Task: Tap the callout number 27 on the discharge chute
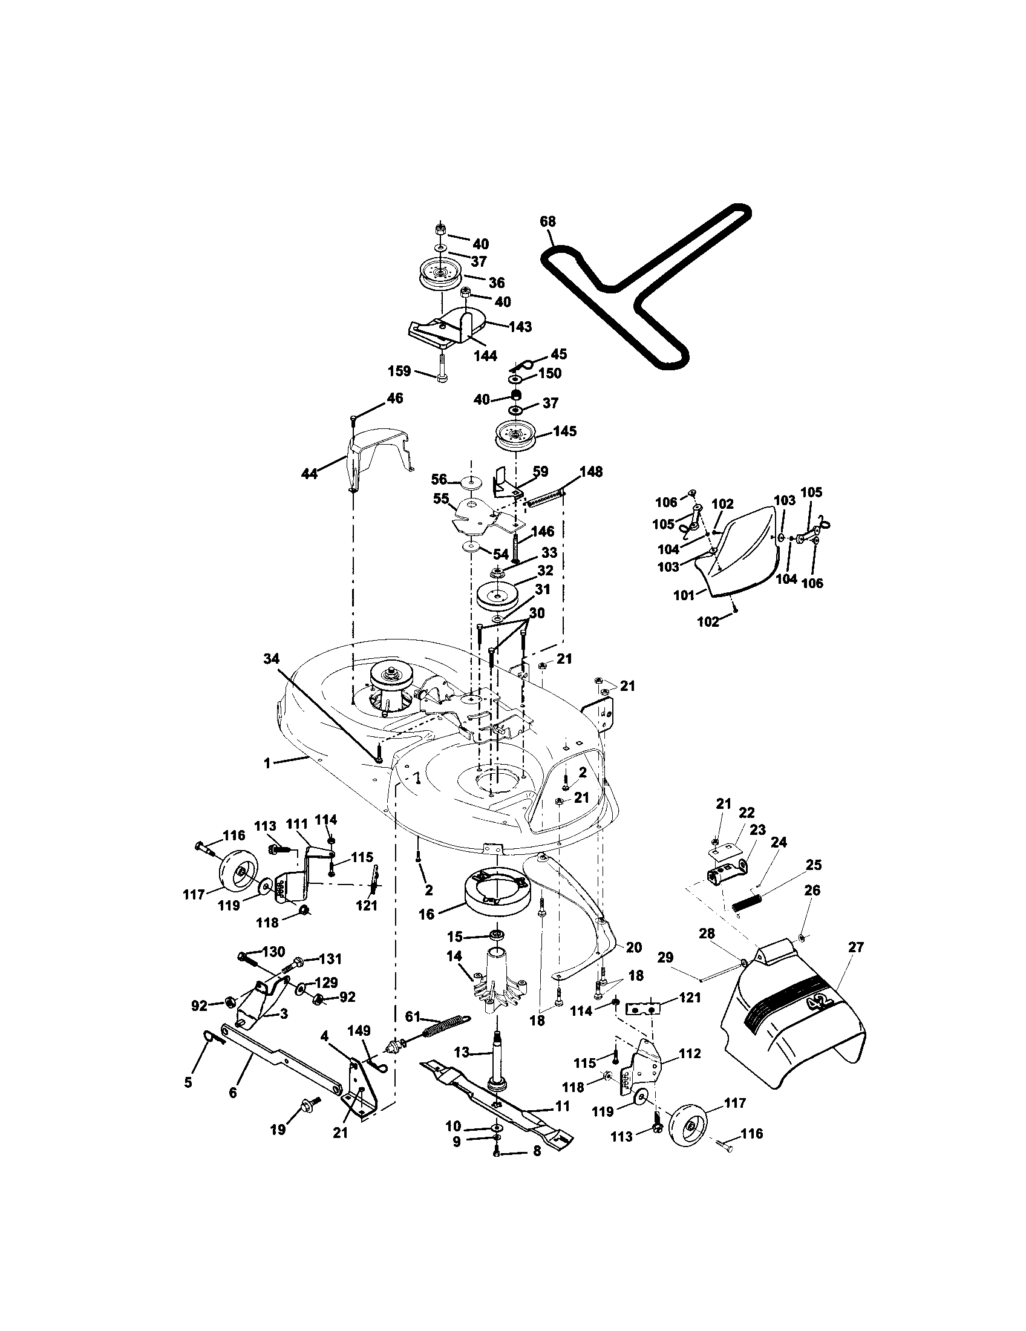point(855,947)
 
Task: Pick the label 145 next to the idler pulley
point(564,431)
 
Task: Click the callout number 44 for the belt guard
point(310,473)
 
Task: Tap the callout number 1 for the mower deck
point(267,762)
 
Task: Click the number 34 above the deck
point(272,658)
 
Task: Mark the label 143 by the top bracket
point(520,327)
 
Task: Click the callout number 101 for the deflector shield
point(684,595)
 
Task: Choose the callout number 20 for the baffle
point(633,947)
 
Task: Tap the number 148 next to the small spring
point(590,471)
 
